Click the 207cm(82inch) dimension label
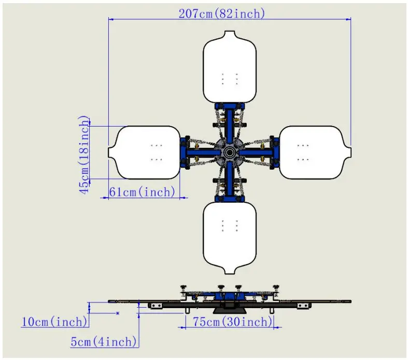(x=222, y=13)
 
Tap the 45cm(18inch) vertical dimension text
(x=84, y=155)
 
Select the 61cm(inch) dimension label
(x=142, y=192)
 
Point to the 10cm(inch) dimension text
(x=54, y=322)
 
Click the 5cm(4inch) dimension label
(x=104, y=341)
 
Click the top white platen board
(x=230, y=67)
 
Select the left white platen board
(x=144, y=153)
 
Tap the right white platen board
(x=315, y=153)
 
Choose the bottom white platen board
(x=230, y=238)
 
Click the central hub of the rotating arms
(x=229, y=153)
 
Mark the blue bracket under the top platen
(x=230, y=106)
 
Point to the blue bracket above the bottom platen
(x=230, y=199)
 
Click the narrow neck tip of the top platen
(x=230, y=32)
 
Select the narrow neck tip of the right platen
(x=350, y=153)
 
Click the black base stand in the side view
(x=229, y=311)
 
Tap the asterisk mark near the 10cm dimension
(x=118, y=313)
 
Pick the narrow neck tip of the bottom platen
(x=230, y=273)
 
